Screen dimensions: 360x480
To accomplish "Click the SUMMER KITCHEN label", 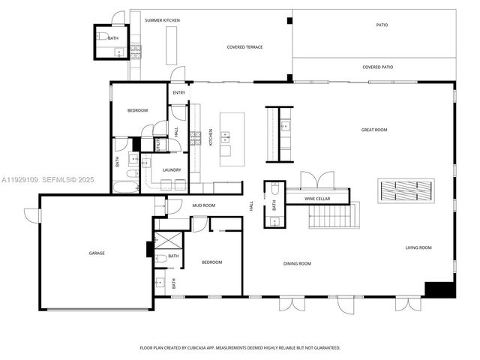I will click(x=162, y=20).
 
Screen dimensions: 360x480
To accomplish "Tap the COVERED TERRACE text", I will click(x=245, y=47).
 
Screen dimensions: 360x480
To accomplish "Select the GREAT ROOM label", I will click(x=373, y=130).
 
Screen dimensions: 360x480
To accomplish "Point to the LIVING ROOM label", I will click(x=418, y=247).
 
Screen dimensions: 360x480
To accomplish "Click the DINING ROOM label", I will click(x=297, y=263).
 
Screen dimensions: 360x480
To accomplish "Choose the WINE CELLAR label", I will click(x=317, y=199).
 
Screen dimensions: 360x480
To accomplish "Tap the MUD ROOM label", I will click(x=203, y=205).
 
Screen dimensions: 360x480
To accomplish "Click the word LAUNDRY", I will click(x=172, y=170).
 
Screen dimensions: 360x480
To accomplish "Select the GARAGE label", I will click(x=97, y=253).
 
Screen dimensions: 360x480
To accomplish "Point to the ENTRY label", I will click(x=178, y=93).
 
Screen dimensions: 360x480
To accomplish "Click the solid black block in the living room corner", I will click(x=439, y=289).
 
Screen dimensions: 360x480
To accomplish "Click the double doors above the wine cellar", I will click(x=317, y=180).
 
